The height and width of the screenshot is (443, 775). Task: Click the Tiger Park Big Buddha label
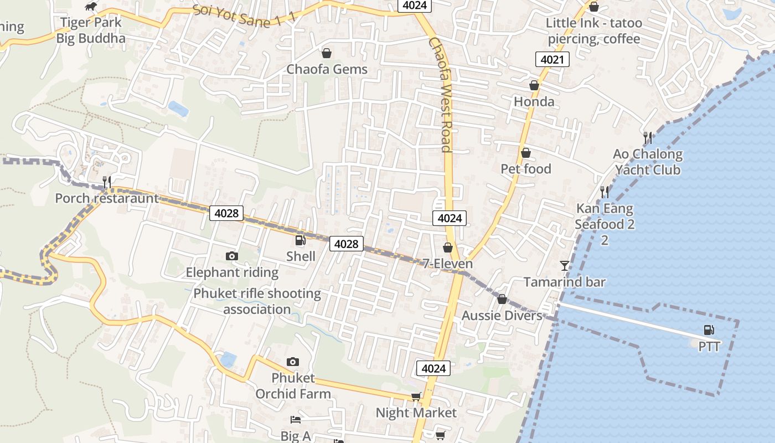pyautogui.click(x=91, y=31)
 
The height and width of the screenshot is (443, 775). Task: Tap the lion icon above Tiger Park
pyautogui.click(x=91, y=7)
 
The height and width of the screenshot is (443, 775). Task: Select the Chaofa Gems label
pyautogui.click(x=327, y=69)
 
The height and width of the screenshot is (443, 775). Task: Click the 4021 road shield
pyautogui.click(x=552, y=59)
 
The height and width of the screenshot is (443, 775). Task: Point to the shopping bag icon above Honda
pyautogui.click(x=534, y=85)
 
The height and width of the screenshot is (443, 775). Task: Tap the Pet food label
pyautogui.click(x=526, y=169)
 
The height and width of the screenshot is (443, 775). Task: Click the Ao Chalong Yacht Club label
pyautogui.click(x=648, y=162)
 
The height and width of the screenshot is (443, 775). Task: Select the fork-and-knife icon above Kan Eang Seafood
pyautogui.click(x=604, y=192)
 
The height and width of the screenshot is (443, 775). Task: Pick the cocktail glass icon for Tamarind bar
pyautogui.click(x=564, y=266)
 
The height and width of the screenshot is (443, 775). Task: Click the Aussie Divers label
pyautogui.click(x=502, y=316)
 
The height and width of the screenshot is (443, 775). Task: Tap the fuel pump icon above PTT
pyautogui.click(x=709, y=330)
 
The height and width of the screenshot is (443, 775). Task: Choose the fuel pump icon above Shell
pyautogui.click(x=301, y=240)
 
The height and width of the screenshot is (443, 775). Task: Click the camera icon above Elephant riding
pyautogui.click(x=232, y=256)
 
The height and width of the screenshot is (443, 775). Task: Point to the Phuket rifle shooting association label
pyautogui.click(x=257, y=301)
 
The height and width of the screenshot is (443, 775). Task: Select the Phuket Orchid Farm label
pyautogui.click(x=293, y=386)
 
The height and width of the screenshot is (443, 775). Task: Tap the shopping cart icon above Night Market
pyautogui.click(x=416, y=396)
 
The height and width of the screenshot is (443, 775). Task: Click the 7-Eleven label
pyautogui.click(x=447, y=264)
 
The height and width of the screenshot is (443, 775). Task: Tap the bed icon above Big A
pyautogui.click(x=296, y=420)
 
